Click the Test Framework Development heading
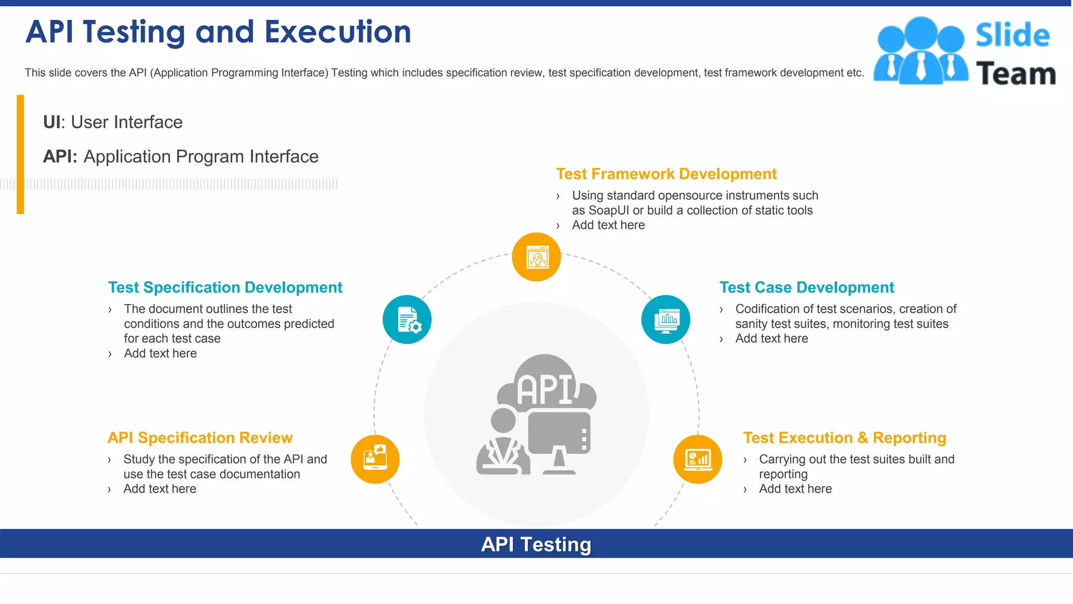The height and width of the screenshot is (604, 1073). tap(666, 174)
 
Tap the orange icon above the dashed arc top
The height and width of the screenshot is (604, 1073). tap(536, 257)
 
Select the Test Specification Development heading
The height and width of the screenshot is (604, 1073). tap(225, 287)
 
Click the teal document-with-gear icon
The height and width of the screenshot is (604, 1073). tap(407, 319)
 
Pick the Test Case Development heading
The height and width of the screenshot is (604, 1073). tap(806, 287)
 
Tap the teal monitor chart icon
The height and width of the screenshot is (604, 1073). tap(665, 319)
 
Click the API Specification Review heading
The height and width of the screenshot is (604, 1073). tap(200, 438)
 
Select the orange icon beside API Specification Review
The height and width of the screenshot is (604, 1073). tap(375, 459)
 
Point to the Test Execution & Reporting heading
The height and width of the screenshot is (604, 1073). tap(844, 438)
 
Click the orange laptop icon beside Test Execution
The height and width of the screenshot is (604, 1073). tap(697, 459)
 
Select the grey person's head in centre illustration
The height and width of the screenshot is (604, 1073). tap(503, 420)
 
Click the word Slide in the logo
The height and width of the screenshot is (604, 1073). tap(1012, 35)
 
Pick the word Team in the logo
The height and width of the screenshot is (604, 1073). tap(1015, 73)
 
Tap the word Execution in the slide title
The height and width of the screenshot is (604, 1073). tap(337, 32)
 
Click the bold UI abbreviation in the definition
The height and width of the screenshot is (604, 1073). tap(51, 122)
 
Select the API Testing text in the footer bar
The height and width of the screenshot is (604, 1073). tap(536, 544)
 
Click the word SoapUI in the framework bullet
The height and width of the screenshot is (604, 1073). tap(609, 210)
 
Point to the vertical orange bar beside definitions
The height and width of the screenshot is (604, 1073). tap(20, 154)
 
